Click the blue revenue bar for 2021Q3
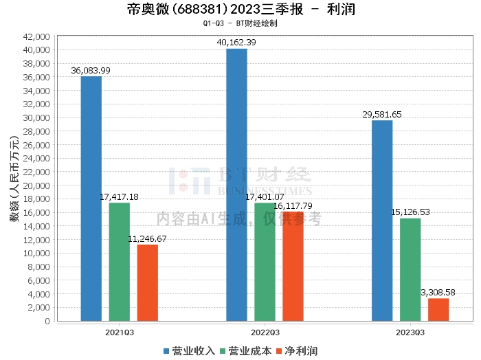click(91, 199)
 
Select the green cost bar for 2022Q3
click(265, 262)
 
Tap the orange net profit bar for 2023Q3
click(438, 310)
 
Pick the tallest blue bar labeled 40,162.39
click(236, 185)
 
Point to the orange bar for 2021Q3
click(148, 283)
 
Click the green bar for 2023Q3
click(410, 269)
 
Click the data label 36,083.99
click(91, 71)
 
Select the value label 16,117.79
click(293, 205)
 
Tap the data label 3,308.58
click(438, 293)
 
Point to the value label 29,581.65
click(382, 115)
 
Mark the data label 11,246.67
click(147, 239)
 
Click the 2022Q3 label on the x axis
click(265, 333)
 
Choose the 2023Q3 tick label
click(410, 333)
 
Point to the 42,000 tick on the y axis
click(36, 37)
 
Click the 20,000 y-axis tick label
click(36, 185)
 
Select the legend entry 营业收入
click(189, 351)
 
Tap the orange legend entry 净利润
click(297, 351)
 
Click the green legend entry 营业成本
click(246, 351)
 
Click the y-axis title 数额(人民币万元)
click(14, 179)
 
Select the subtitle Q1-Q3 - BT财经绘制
click(240, 23)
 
